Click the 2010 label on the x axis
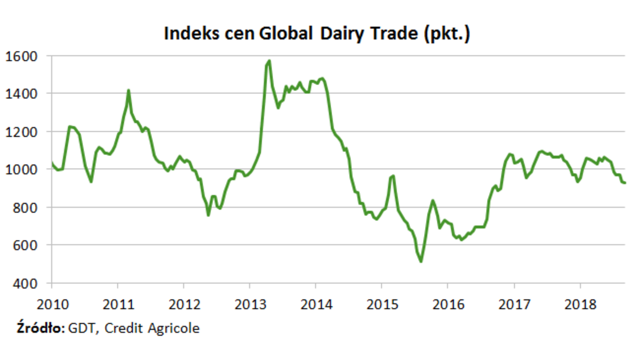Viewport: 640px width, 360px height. (x=52, y=306)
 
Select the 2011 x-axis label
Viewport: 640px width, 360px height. (x=118, y=306)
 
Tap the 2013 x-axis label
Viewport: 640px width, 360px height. (x=250, y=306)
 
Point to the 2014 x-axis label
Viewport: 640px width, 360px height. (x=316, y=306)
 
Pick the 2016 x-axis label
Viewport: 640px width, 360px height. (x=447, y=306)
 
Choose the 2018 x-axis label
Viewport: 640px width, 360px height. (x=580, y=306)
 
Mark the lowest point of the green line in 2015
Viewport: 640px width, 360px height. (x=421, y=261)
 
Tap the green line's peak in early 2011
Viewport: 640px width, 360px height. (x=129, y=90)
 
